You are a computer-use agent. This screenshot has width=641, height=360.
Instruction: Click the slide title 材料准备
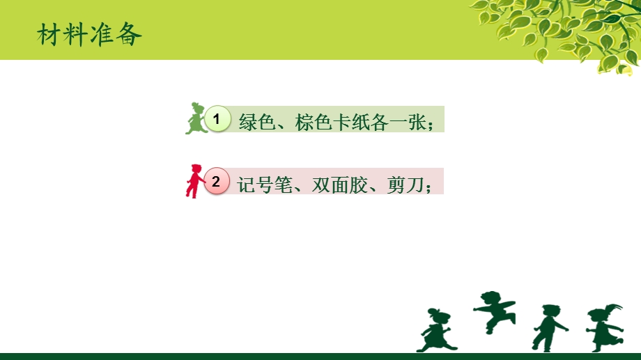pos(90,35)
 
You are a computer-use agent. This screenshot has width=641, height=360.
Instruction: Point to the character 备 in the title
pos(130,35)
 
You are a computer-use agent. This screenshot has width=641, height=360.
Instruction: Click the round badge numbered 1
pos(217,120)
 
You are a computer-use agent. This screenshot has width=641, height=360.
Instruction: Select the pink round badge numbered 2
pos(216,182)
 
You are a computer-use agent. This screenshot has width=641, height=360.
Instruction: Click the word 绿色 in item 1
pos(256,122)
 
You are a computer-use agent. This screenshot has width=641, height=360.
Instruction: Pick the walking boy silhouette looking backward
pos(548,327)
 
